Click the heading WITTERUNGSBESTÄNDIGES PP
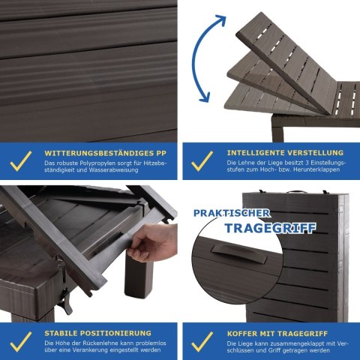[105, 153]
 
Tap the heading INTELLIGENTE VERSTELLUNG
[285, 153]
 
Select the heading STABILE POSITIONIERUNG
[98, 333]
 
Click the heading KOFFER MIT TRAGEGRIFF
[277, 334]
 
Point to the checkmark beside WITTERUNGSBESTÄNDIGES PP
[21, 161]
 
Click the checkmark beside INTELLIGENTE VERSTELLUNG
[202, 161]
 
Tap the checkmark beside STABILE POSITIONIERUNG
[21, 342]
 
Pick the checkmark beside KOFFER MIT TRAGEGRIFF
[202, 342]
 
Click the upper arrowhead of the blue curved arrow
[220, 20]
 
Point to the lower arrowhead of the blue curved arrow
[205, 97]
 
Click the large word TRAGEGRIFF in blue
[270, 228]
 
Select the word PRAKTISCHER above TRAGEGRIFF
[232, 213]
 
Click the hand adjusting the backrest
[152, 241]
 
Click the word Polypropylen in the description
[94, 163]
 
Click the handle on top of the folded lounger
[296, 192]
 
